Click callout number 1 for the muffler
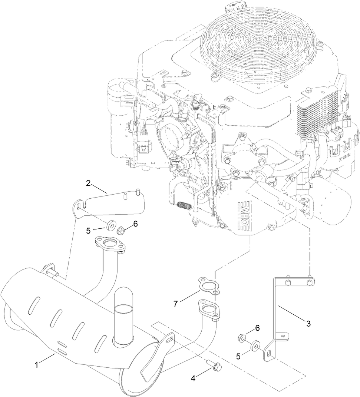[36, 365]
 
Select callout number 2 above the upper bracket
[88, 182]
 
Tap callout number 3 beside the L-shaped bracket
[308, 323]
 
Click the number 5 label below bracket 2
[88, 230]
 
